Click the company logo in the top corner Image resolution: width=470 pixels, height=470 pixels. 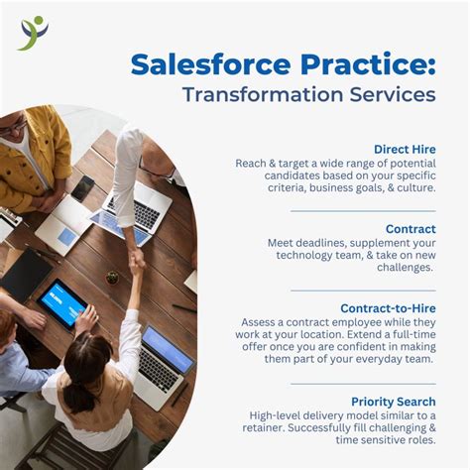pos(33,33)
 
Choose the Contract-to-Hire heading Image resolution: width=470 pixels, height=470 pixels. pos(388,308)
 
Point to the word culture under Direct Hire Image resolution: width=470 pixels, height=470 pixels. pos(412,186)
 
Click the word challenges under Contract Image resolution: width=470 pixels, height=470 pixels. pos(401,267)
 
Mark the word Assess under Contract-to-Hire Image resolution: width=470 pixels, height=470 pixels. pos(261,322)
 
